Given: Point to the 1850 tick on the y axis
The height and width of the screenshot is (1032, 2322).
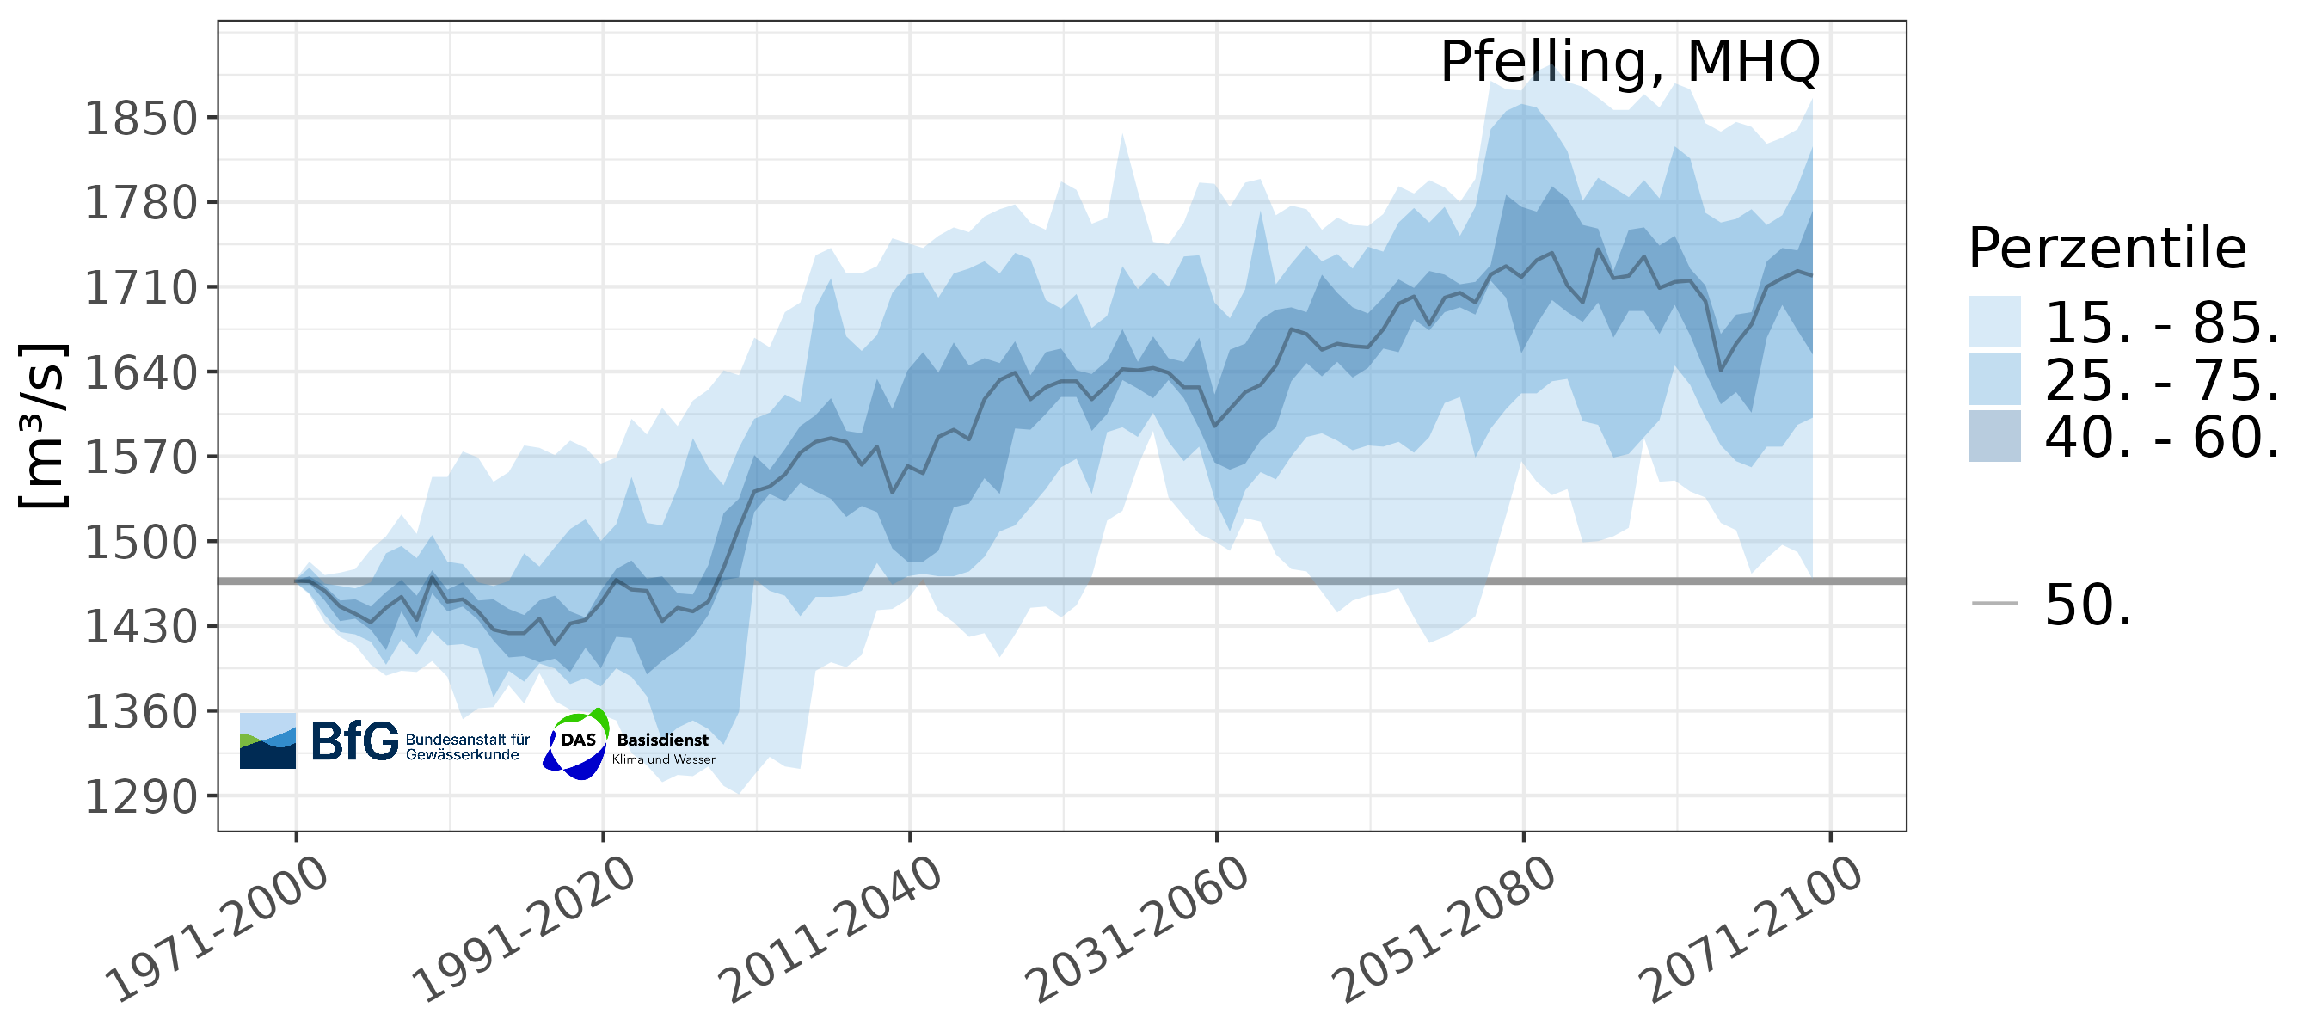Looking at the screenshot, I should click(141, 118).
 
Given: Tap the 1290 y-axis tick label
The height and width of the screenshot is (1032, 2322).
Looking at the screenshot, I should click(141, 796).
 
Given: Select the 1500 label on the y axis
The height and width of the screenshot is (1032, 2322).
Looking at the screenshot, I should click(141, 543).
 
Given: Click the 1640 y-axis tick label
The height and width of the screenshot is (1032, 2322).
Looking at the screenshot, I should click(141, 372).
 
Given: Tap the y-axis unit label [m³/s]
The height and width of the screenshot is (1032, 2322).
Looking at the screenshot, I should click(43, 426).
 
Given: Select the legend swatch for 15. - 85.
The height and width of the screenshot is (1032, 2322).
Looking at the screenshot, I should click(1993, 322).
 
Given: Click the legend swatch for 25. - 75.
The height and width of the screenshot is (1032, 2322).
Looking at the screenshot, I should click(1993, 379).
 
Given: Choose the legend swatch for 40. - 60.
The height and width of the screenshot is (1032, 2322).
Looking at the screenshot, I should click(1993, 437).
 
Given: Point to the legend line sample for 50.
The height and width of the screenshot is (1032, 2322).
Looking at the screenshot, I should click(1993, 603).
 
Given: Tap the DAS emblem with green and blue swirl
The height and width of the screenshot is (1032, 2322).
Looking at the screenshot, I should click(577, 743).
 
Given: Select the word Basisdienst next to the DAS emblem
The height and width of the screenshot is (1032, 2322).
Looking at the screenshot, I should click(662, 740).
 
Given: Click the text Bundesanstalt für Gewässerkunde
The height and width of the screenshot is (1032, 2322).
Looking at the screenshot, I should click(466, 747).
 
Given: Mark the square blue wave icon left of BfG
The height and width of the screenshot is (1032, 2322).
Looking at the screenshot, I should click(267, 740).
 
